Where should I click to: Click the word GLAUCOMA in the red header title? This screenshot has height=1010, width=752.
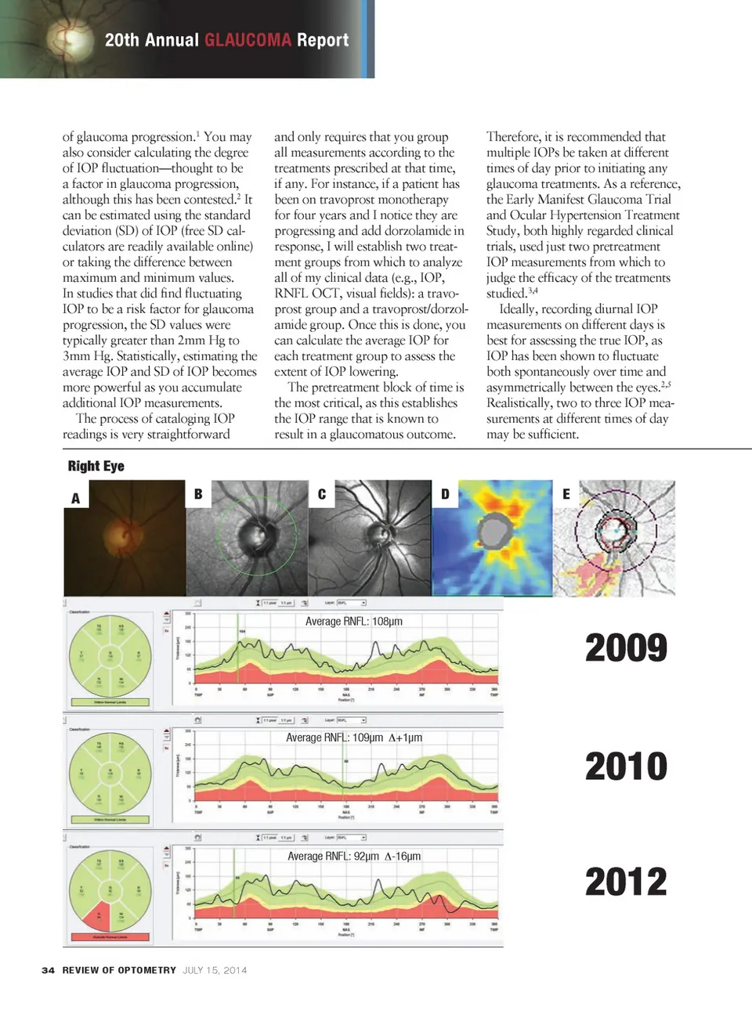coord(248,40)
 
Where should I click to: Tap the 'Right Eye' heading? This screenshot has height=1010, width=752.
coord(96,466)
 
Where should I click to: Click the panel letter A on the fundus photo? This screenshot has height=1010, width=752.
coord(76,498)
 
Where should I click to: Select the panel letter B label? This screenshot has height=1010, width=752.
coord(198,494)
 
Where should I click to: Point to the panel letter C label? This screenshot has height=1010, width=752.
coord(321,494)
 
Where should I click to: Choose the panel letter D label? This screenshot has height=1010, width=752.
coord(445,494)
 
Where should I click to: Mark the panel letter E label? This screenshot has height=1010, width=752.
coord(566,494)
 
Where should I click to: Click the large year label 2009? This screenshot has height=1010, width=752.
coord(626,648)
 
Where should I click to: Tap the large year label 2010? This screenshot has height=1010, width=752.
coord(626,766)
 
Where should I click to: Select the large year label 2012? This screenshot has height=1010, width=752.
coord(626,882)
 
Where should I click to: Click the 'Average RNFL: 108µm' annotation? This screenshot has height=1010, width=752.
coord(353,622)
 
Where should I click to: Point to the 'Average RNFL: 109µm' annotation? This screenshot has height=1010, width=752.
coord(353,738)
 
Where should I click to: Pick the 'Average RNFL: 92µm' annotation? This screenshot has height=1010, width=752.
coord(353,857)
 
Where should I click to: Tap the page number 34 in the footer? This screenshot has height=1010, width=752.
coord(48,970)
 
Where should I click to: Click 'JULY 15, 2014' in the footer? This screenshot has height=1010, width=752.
coord(215,970)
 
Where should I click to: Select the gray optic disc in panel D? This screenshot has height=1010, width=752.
coord(493,532)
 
